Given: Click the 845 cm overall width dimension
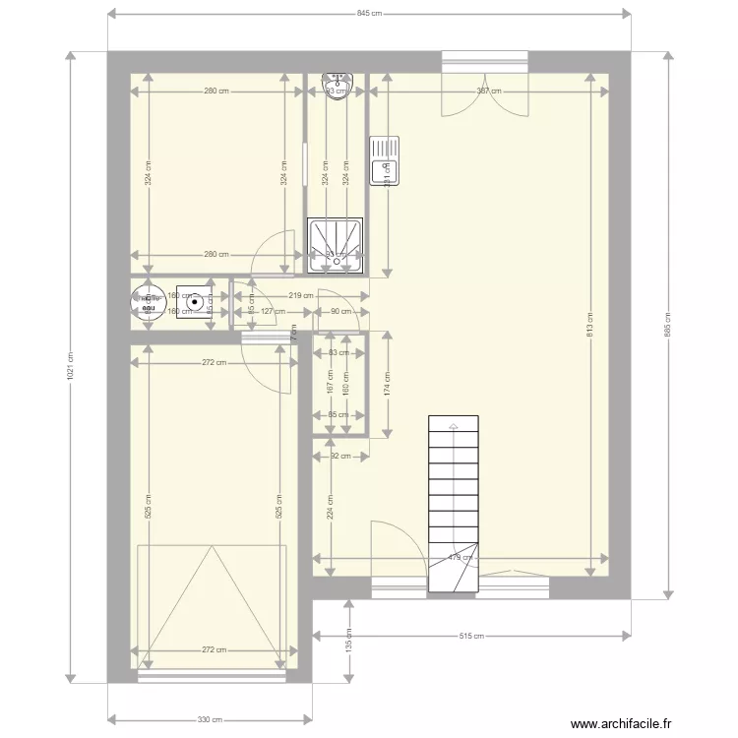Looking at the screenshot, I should pyautogui.click(x=369, y=14).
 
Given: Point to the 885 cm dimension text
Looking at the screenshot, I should pyautogui.click(x=668, y=326).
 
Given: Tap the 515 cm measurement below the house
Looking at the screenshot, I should pyautogui.click(x=472, y=636).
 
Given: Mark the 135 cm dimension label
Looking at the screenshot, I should pyautogui.click(x=348, y=640).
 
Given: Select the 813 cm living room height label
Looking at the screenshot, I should pyautogui.click(x=590, y=326).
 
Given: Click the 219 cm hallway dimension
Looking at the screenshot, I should pyautogui.click(x=301, y=295).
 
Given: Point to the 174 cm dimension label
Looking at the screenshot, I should pyautogui.click(x=387, y=383).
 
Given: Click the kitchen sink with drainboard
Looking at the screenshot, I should pyautogui.click(x=384, y=160).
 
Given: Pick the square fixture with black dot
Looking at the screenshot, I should pyautogui.click(x=196, y=303).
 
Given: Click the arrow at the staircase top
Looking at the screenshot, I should pyautogui.click(x=454, y=427).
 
